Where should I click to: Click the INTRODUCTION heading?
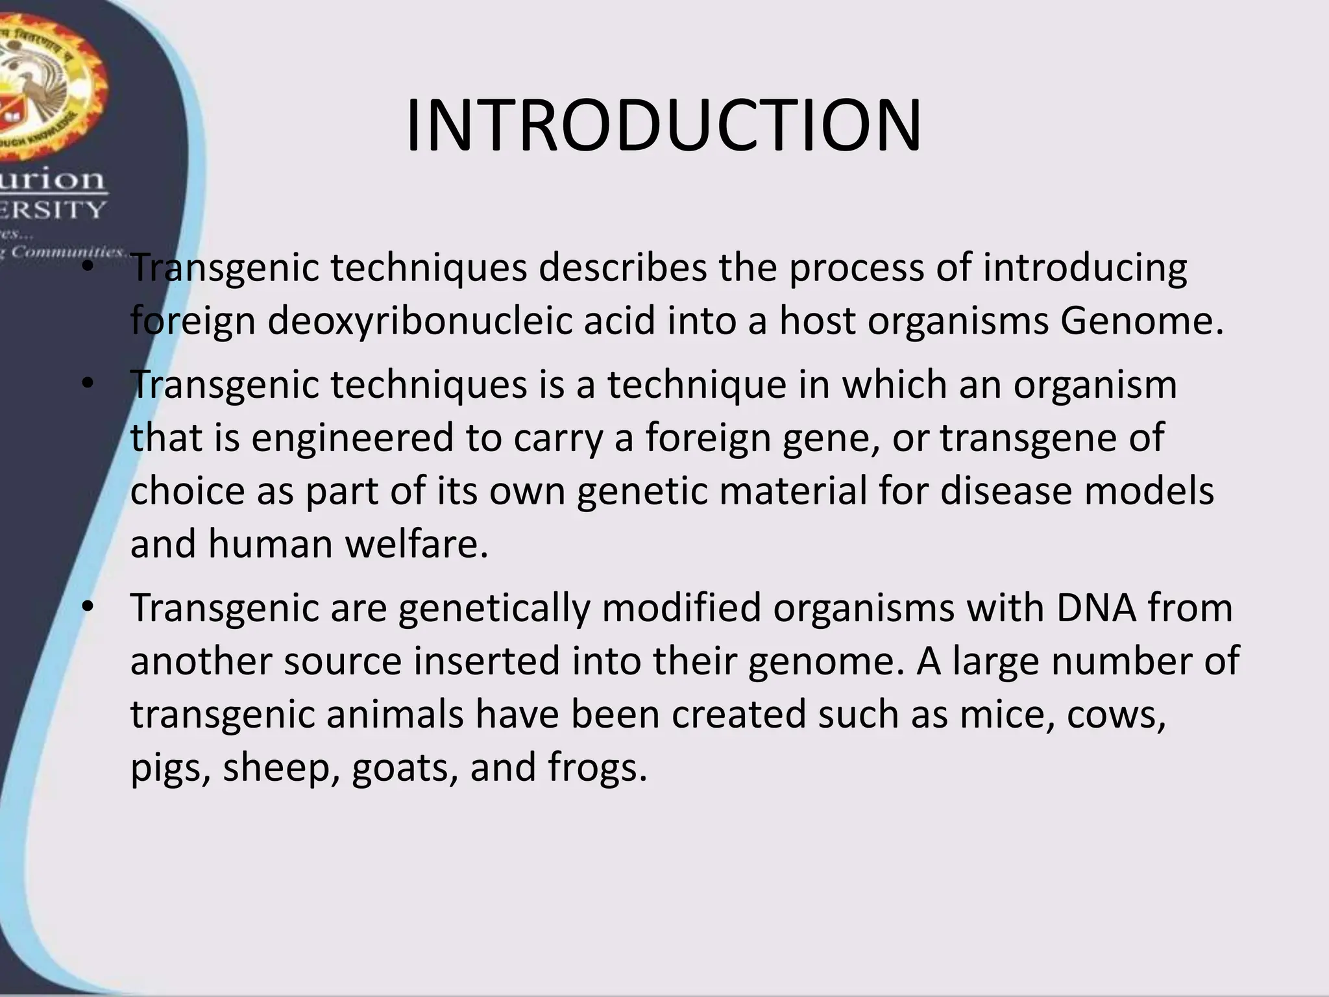(663, 126)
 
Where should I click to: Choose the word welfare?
(416, 544)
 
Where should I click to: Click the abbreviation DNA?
(1096, 608)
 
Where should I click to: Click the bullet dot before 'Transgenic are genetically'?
(88, 608)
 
